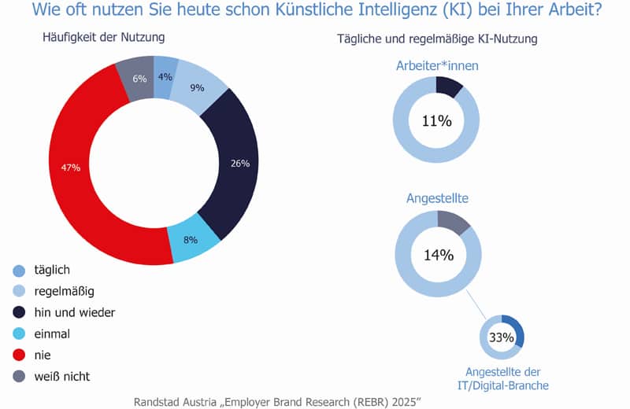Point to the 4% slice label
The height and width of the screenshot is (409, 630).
(165, 76)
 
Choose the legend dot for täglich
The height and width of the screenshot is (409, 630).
(19, 270)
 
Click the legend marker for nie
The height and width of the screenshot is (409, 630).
(19, 355)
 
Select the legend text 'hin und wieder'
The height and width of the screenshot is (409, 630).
(75, 312)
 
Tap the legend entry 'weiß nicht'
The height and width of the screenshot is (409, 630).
(61, 376)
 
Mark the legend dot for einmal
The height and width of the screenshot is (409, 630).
(19, 333)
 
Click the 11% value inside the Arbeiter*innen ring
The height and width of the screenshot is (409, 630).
(436, 120)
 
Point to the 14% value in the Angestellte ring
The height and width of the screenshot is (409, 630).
(438, 254)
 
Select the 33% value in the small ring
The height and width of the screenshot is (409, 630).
(502, 338)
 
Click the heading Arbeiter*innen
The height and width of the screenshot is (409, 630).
(437, 66)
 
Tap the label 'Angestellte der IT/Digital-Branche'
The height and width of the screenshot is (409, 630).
(502, 378)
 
